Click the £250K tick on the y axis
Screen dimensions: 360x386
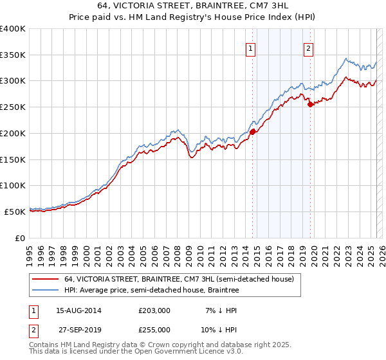13,107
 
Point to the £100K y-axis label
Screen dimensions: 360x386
13,185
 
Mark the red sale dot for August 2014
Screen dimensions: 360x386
252,132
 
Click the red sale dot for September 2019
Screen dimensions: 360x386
311,104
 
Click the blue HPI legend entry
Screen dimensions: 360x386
151,291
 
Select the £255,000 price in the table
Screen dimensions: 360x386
154,329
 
